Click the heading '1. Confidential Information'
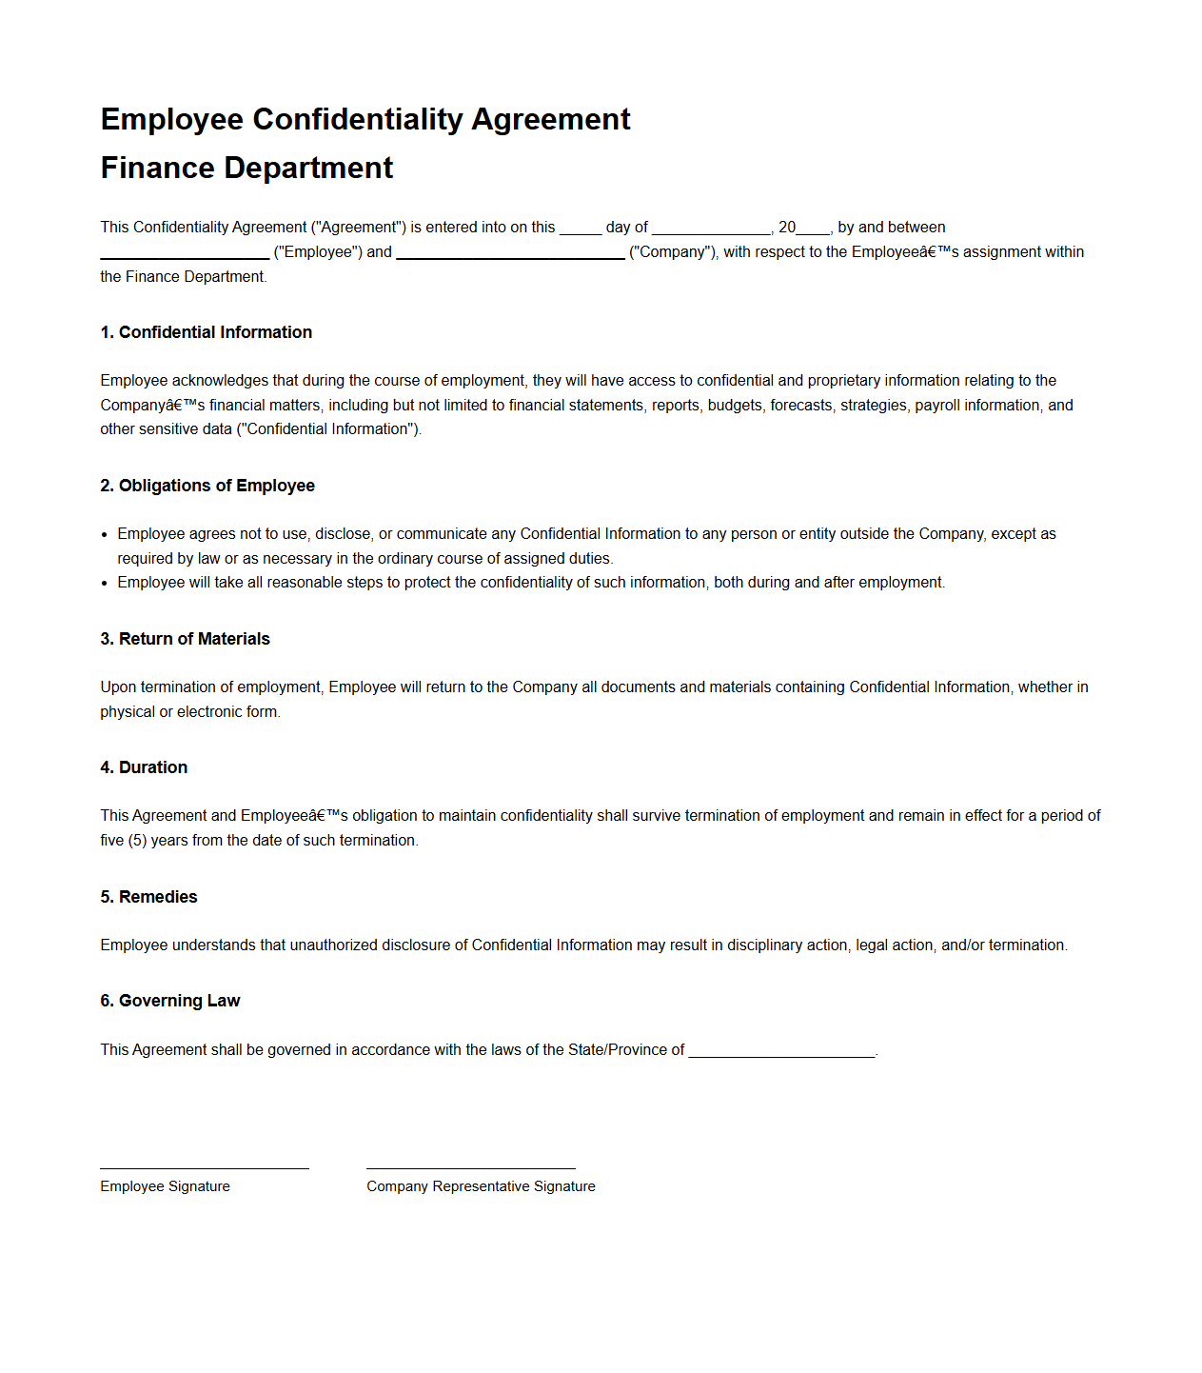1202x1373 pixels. tap(206, 332)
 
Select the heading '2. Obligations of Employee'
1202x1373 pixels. tap(207, 486)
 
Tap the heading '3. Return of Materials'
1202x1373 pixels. tap(185, 639)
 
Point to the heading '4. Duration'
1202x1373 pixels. tap(144, 767)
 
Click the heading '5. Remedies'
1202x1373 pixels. tap(148, 897)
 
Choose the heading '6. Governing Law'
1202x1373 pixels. tap(169, 1001)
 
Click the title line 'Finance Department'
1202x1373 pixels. tap(246, 169)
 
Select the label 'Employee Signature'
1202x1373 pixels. tap(165, 1186)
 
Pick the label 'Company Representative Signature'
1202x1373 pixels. tap(481, 1186)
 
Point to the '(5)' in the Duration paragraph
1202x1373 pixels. tap(137, 841)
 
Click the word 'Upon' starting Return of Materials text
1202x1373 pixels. tap(118, 687)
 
